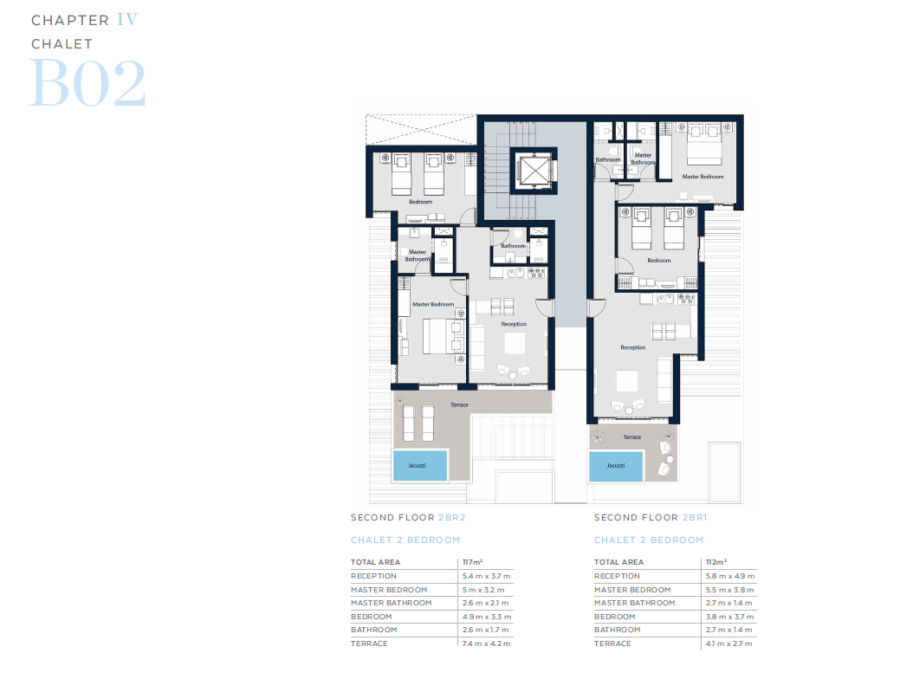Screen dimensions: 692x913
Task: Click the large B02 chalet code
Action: pyautogui.click(x=87, y=83)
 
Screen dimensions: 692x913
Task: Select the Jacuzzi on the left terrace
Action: pyautogui.click(x=420, y=465)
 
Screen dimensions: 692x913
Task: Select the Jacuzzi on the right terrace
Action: pyautogui.click(x=615, y=465)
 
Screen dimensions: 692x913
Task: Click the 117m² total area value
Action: pyautogui.click(x=473, y=562)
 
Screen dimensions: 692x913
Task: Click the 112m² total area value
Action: pyautogui.click(x=716, y=562)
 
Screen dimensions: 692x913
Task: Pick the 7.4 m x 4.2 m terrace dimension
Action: pyautogui.click(x=487, y=643)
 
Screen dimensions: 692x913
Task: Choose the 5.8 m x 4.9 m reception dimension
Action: pyautogui.click(x=730, y=576)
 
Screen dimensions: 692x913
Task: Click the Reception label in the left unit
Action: pyautogui.click(x=514, y=324)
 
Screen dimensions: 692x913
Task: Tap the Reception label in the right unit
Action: pyautogui.click(x=632, y=347)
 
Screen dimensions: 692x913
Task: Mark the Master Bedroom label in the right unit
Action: pyautogui.click(x=702, y=177)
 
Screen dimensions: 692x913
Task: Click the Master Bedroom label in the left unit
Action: pyautogui.click(x=432, y=304)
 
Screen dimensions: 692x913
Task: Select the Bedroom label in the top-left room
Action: pyautogui.click(x=420, y=202)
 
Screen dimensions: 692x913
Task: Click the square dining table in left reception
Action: pyautogui.click(x=515, y=344)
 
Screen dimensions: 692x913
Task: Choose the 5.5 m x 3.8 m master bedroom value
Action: pyautogui.click(x=730, y=590)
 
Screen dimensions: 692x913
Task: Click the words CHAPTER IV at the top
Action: pyautogui.click(x=84, y=20)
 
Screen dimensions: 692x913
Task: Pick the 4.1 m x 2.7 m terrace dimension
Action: pyautogui.click(x=730, y=643)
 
